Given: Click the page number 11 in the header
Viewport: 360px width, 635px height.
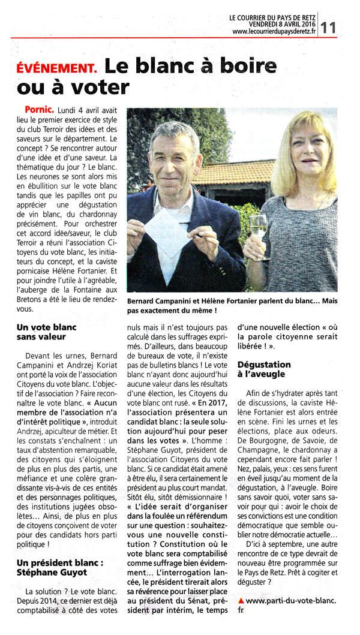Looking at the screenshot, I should click(x=328, y=26).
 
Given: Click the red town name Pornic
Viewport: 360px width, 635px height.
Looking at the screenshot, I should click(x=40, y=110).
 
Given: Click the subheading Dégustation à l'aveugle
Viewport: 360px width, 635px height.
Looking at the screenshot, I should click(x=265, y=369).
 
